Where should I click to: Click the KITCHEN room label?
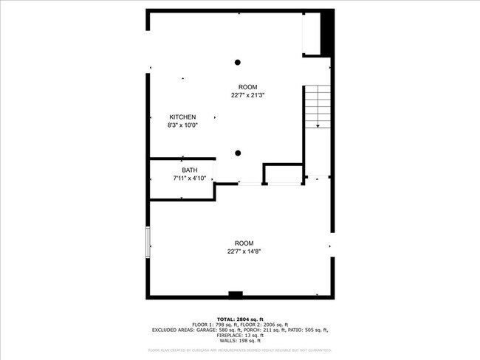click(182, 117)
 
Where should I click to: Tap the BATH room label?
click(190, 170)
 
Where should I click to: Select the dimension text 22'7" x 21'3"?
click(247, 94)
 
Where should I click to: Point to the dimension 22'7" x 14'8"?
click(244, 252)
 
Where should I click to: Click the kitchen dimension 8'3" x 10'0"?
click(182, 125)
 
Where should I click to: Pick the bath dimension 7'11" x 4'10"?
click(190, 178)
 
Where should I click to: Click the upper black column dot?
click(238, 62)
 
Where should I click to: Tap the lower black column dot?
click(238, 153)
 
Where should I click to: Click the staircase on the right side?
click(317, 107)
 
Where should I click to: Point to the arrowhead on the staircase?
click(318, 126)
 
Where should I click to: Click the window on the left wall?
click(148, 243)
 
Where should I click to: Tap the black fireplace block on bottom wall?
click(236, 295)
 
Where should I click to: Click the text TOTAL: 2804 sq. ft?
click(239, 318)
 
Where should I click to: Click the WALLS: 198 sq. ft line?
click(240, 342)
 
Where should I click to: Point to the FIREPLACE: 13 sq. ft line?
click(240, 336)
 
